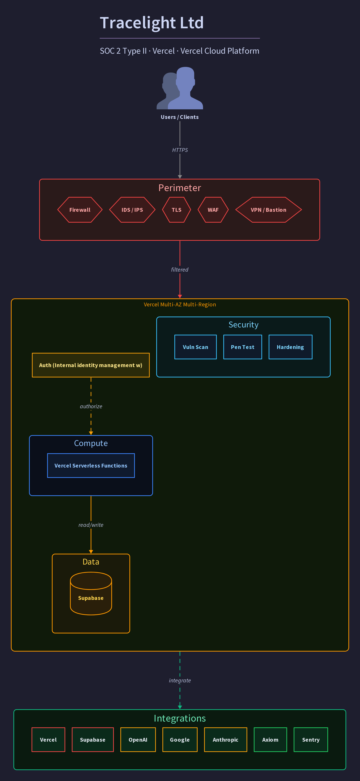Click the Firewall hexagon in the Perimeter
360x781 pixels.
tap(80, 210)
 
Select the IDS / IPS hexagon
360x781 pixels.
tap(132, 210)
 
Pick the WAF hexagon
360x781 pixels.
tap(213, 210)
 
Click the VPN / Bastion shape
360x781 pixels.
tap(268, 210)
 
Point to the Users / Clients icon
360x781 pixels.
tap(180, 88)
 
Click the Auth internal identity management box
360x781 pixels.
tap(91, 365)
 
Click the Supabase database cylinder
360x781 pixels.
tap(91, 593)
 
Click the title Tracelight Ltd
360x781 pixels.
tap(152, 23)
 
